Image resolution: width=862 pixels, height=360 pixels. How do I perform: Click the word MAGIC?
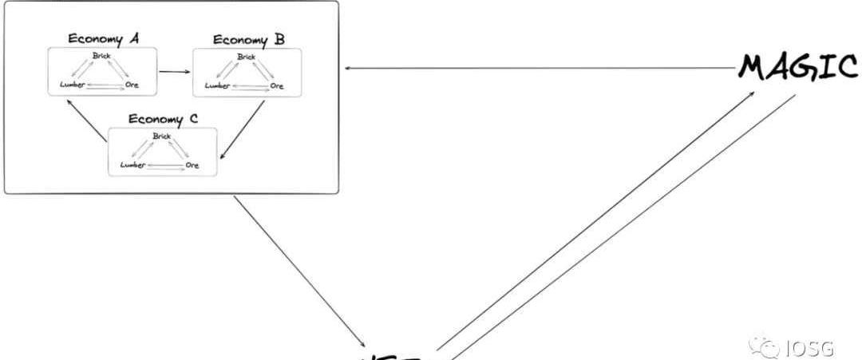point(798,67)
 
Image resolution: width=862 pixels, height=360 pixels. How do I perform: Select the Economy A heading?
point(104,38)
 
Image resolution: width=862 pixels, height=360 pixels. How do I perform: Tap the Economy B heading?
point(248,39)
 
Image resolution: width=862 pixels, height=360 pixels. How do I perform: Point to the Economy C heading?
point(163,120)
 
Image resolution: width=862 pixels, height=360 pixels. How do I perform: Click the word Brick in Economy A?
point(101,56)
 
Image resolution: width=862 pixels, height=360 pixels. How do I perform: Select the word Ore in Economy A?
point(132,85)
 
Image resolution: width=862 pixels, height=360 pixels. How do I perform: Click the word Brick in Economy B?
point(247,57)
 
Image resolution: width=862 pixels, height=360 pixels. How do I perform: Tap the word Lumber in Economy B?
point(216,85)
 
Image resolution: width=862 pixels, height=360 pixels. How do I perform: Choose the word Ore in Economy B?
point(277,85)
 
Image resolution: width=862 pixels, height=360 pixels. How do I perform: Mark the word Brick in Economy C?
point(162,136)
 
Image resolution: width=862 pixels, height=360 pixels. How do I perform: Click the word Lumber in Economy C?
point(132,164)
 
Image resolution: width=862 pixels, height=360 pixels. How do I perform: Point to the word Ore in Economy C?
point(192,164)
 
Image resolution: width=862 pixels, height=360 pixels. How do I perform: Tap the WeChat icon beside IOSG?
point(770,348)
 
